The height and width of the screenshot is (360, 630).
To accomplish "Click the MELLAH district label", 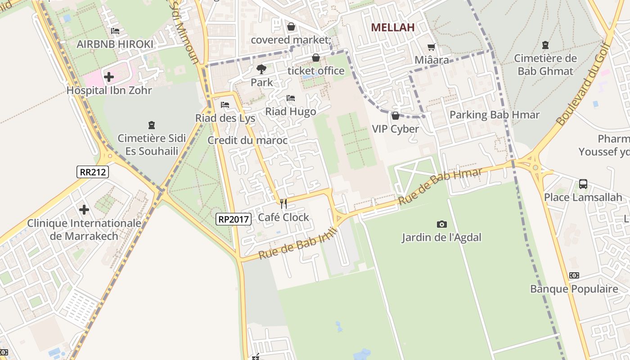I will [392, 27].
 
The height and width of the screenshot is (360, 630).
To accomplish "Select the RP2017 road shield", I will [233, 219].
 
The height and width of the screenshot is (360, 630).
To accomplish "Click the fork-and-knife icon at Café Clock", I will [283, 204].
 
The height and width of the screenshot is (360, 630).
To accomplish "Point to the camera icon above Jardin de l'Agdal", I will [441, 224].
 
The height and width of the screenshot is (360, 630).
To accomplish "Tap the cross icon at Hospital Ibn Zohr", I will [109, 77].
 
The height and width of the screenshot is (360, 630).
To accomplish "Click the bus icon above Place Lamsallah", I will [583, 184].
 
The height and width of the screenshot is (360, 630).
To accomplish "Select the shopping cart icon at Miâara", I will [431, 47].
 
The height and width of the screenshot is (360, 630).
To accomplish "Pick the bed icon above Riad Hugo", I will [291, 98].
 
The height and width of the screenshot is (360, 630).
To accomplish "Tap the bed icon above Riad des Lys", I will [225, 105].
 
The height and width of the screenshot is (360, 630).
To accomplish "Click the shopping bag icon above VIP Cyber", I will [396, 116].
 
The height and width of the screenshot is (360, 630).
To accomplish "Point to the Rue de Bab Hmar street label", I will [440, 186].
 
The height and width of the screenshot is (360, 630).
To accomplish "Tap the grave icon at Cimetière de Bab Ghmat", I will [545, 45].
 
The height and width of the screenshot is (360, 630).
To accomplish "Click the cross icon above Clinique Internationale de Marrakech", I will [84, 210].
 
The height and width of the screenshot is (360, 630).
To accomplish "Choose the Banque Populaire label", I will [574, 289].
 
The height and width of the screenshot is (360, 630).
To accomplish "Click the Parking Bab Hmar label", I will [494, 115].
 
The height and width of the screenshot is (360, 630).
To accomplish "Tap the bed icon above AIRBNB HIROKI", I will [115, 31].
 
